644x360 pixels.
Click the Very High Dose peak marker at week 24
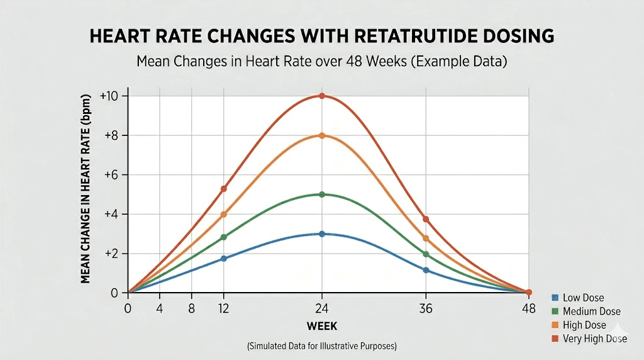(322, 96)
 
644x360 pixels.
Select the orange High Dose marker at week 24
(322, 135)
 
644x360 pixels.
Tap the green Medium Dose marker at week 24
(322, 194)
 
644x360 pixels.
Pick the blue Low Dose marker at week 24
(322, 233)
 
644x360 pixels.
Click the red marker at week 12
(223, 189)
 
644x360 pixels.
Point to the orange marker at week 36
(426, 239)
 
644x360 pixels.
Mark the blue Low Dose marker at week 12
(223, 258)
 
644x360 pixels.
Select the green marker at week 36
(426, 254)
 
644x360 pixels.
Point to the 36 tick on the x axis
(426, 308)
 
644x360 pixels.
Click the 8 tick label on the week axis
(191, 308)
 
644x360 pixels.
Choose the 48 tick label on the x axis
(529, 308)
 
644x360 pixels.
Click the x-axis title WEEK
(322, 326)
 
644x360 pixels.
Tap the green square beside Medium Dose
(555, 312)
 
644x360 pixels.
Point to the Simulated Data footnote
(322, 346)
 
